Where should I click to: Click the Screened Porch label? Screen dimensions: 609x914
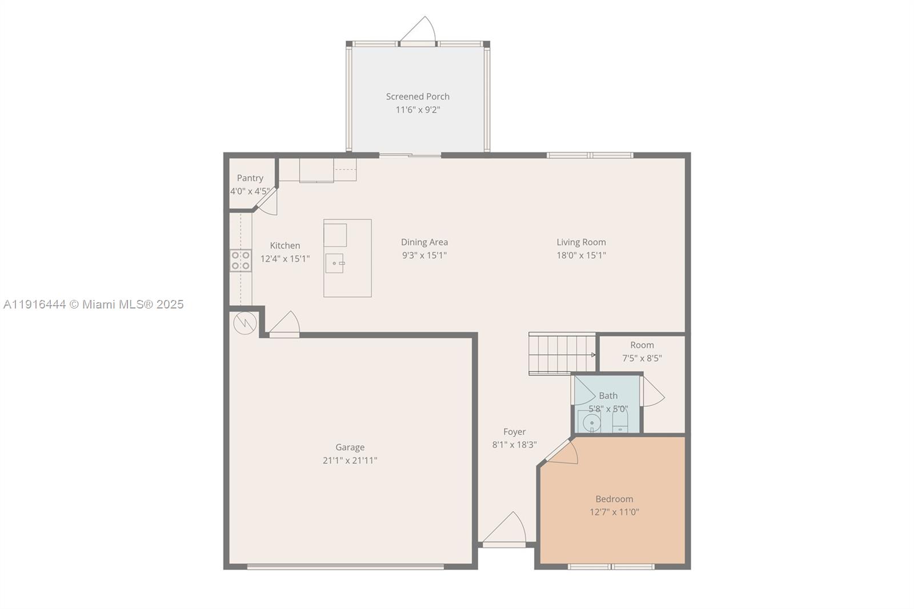tap(418, 97)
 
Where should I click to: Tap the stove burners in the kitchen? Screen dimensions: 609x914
tap(240, 261)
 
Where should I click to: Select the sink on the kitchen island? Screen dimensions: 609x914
tap(335, 263)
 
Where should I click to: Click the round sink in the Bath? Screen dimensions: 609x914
tap(592, 423)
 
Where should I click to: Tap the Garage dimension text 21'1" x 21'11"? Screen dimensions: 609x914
tap(350, 460)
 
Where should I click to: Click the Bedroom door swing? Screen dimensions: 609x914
tap(563, 452)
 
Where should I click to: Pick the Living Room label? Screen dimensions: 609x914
tap(581, 242)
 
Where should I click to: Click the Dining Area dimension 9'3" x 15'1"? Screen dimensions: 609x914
tap(424, 255)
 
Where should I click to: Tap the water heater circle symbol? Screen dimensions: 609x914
tap(244, 323)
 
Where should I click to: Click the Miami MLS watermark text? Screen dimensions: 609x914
tap(94, 304)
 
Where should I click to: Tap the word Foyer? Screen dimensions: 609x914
tap(514, 432)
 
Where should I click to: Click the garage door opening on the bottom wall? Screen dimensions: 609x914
tap(345, 567)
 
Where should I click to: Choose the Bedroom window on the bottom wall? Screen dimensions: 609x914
tap(611, 567)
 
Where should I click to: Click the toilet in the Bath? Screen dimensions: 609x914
tap(620, 424)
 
